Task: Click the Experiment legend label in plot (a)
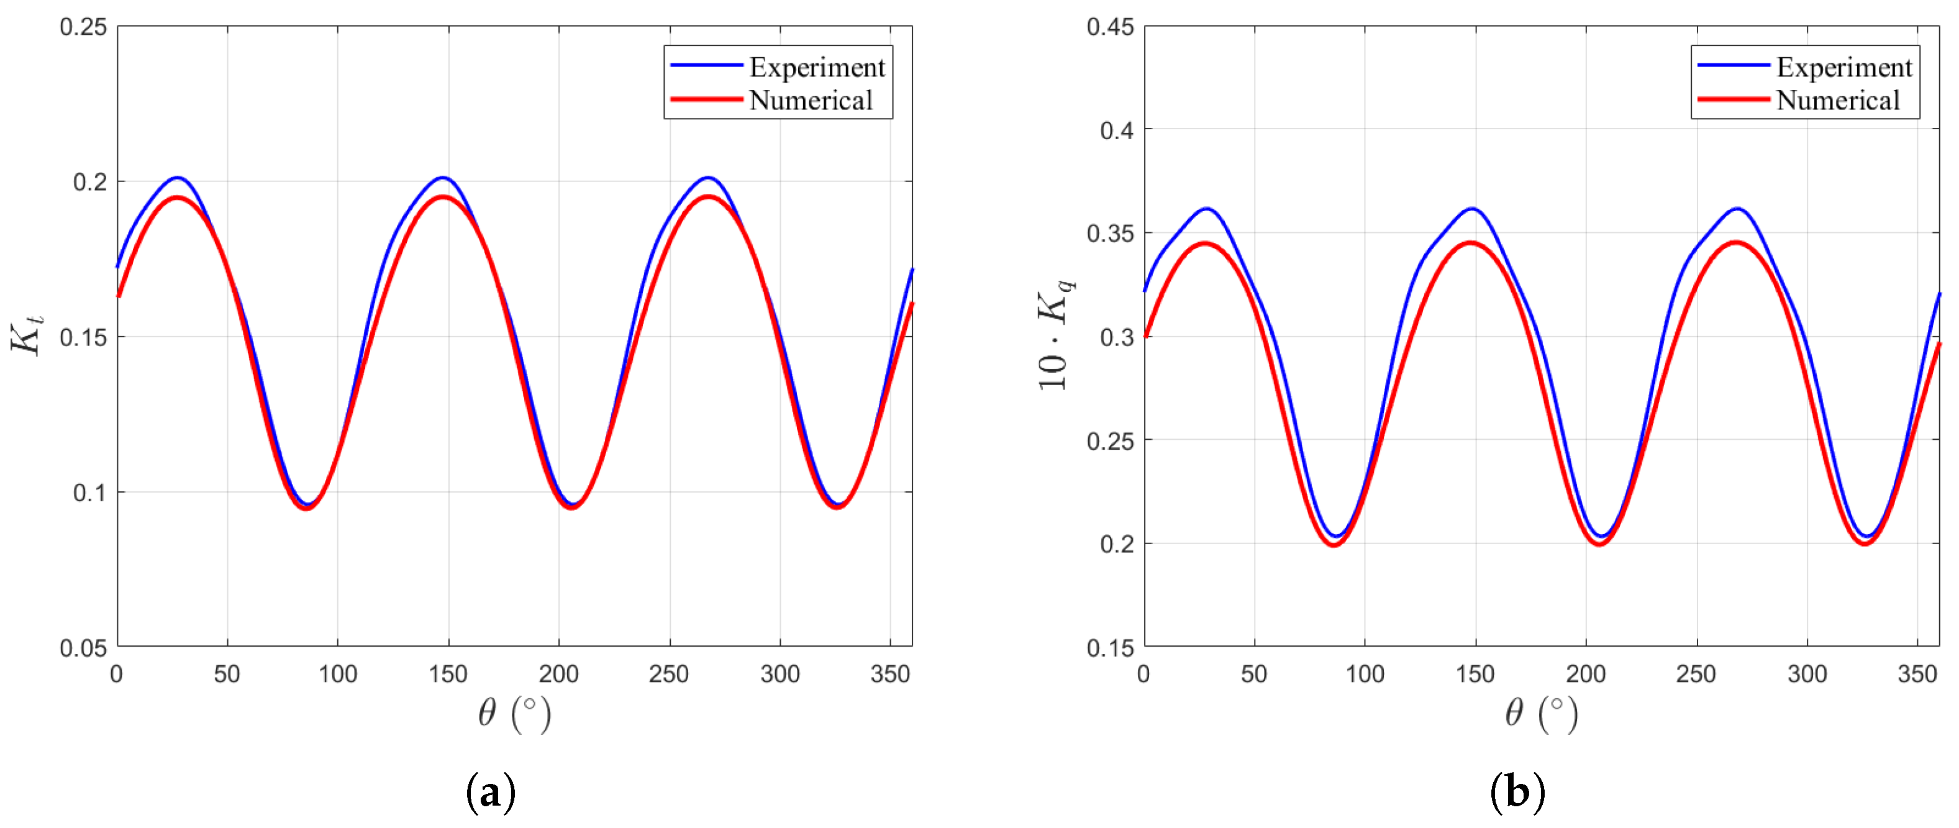pyautogui.click(x=817, y=68)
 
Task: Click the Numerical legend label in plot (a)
pyautogui.click(x=811, y=101)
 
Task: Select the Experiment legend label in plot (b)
pyautogui.click(x=1843, y=68)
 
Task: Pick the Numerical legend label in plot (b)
pyautogui.click(x=1837, y=101)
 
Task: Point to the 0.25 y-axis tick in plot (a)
pyautogui.click(x=84, y=27)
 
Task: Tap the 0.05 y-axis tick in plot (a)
pyautogui.click(x=84, y=648)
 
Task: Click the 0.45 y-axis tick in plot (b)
pyautogui.click(x=1111, y=27)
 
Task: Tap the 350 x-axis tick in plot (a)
pyautogui.click(x=890, y=674)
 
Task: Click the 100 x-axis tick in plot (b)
pyautogui.click(x=1365, y=674)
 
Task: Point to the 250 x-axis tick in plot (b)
pyautogui.click(x=1696, y=674)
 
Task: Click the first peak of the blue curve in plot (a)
pyautogui.click(x=177, y=177)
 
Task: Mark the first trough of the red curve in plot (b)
pyautogui.click(x=1334, y=544)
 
